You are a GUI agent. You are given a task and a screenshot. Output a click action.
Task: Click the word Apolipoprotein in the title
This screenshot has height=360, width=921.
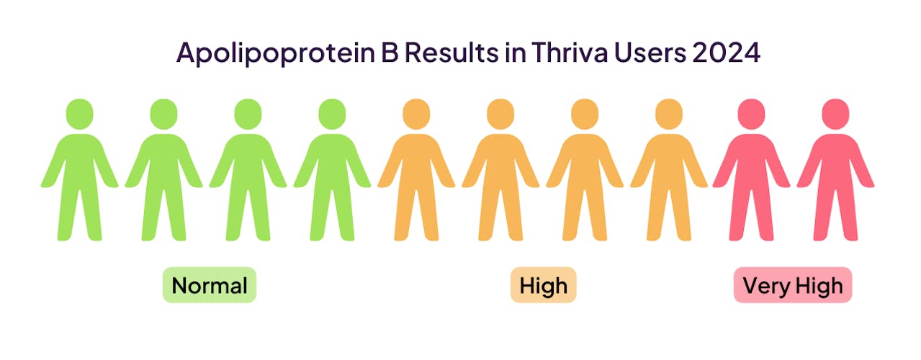[x=276, y=53]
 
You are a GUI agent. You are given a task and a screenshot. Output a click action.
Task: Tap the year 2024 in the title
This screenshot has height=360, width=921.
[x=726, y=53]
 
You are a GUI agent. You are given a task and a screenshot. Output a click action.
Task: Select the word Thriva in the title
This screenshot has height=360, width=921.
[x=570, y=52]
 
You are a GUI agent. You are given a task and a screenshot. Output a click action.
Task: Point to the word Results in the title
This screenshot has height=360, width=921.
[x=451, y=53]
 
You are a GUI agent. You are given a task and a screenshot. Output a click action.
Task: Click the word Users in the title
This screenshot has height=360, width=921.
[x=650, y=53]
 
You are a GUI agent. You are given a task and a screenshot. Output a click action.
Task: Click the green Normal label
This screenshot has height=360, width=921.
[x=210, y=285]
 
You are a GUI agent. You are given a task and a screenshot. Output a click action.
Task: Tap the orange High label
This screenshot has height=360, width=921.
[x=543, y=285]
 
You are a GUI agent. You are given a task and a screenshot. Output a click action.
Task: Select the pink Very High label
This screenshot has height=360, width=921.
[x=793, y=285]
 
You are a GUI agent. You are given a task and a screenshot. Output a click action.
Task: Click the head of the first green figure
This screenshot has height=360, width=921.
[x=79, y=114]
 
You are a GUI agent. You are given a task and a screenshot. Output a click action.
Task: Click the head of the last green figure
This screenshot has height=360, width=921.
[x=332, y=114]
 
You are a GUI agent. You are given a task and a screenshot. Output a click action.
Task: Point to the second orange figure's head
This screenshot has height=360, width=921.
[x=500, y=114]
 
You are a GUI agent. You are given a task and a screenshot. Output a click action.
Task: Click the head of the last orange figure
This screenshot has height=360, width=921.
[x=669, y=114]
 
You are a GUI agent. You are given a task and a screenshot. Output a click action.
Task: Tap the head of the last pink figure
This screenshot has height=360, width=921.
[x=835, y=114]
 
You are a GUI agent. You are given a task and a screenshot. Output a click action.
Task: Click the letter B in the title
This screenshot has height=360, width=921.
[x=390, y=53]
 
